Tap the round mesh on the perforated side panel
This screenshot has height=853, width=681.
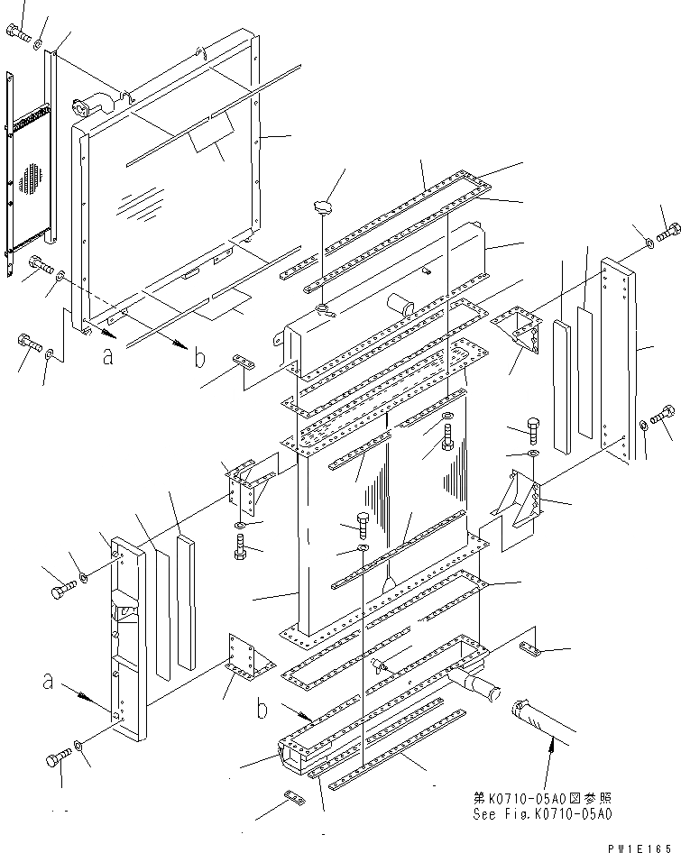(32, 178)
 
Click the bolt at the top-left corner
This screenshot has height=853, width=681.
(18, 33)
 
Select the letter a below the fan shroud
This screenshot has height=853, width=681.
(108, 355)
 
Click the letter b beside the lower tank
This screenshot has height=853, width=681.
(262, 709)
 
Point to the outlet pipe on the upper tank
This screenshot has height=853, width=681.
(398, 307)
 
